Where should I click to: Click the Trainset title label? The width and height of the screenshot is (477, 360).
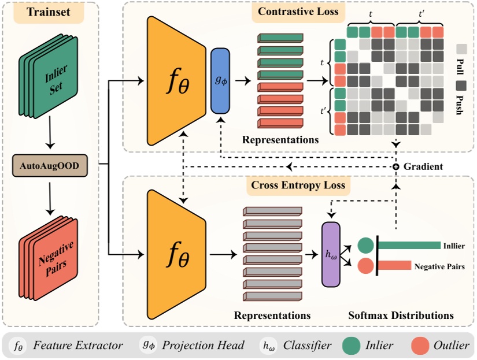(x=49, y=14)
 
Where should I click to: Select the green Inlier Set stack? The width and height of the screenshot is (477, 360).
(x=53, y=81)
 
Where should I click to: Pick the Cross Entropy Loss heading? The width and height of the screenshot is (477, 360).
(x=298, y=185)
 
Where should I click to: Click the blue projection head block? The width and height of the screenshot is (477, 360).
(x=220, y=80)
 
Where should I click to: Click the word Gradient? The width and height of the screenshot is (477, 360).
(x=423, y=166)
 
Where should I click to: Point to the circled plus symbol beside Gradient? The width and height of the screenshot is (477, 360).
(x=396, y=167)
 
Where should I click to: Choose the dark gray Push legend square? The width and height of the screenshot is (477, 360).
(x=461, y=85)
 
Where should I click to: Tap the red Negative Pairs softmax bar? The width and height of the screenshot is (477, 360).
(x=395, y=266)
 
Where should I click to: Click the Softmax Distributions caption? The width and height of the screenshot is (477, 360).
(x=401, y=316)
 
